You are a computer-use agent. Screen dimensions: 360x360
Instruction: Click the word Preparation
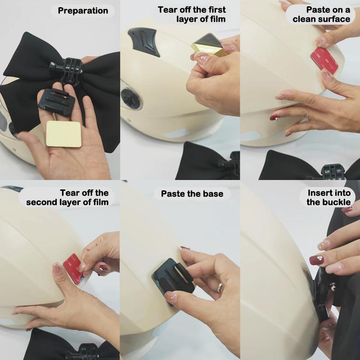[x=83, y=11]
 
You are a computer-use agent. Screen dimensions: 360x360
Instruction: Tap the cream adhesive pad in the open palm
[x=63, y=134]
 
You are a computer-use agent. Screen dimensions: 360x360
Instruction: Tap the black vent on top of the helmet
[x=144, y=41]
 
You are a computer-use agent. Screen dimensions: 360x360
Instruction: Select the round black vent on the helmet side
[x=131, y=99]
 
